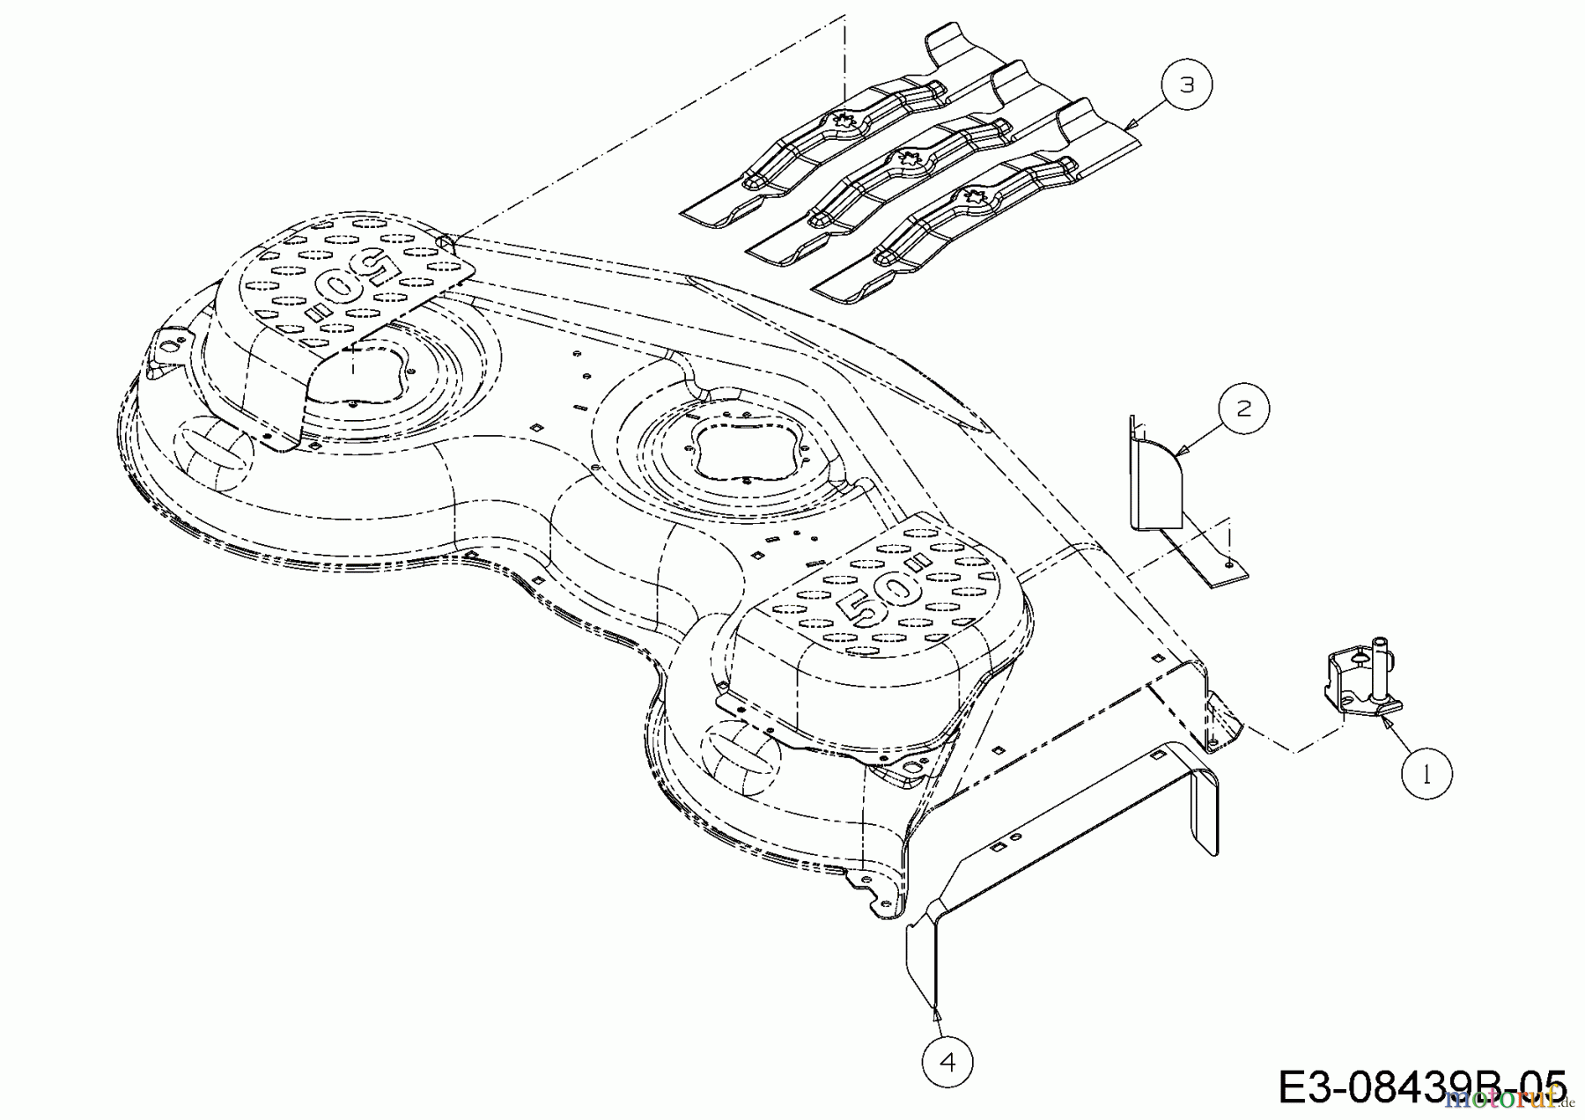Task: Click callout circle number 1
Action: (x=1426, y=774)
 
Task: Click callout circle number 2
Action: (x=1243, y=409)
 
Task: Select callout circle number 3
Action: (x=1187, y=85)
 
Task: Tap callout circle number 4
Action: (x=947, y=1062)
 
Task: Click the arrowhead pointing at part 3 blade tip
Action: (x=1133, y=128)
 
